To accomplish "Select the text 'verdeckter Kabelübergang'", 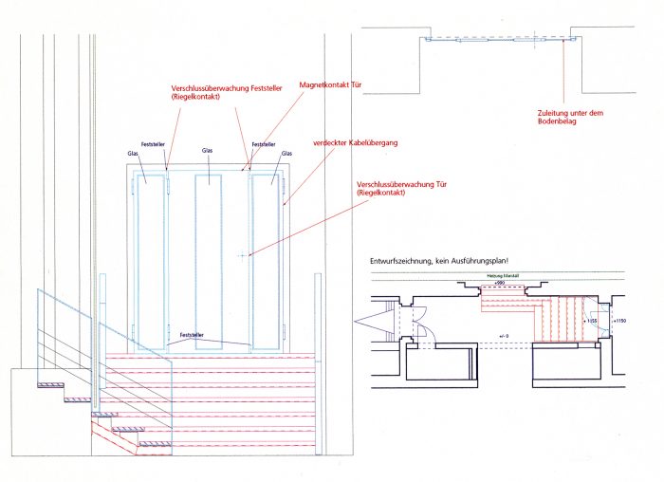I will (x=356, y=142).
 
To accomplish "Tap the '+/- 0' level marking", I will (x=505, y=336).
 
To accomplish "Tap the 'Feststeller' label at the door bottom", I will (x=193, y=335).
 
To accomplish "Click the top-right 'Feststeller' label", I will (x=264, y=145).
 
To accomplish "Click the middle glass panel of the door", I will (x=208, y=256).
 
